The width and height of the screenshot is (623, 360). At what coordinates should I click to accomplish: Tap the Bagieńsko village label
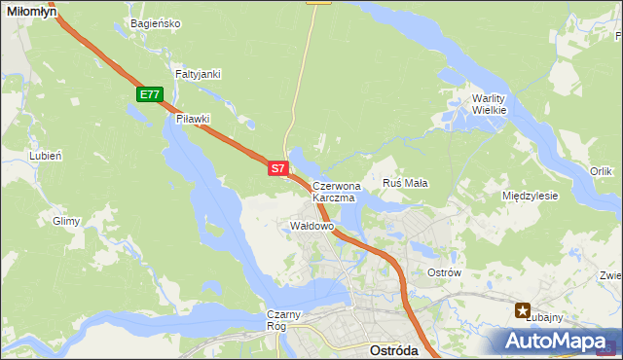(155, 23)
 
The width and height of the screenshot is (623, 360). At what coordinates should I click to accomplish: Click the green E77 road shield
(149, 94)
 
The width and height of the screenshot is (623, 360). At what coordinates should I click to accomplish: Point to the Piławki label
(194, 119)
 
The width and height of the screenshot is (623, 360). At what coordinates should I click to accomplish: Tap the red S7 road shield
(277, 168)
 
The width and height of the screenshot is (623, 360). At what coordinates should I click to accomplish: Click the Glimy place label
(66, 221)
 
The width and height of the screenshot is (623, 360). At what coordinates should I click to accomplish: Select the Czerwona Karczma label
(337, 191)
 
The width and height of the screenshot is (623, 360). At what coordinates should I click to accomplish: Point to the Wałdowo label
(312, 226)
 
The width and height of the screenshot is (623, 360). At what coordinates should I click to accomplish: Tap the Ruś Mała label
(406, 183)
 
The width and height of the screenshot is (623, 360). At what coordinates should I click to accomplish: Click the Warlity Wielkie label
(490, 104)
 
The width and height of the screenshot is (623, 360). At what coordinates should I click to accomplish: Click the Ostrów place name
(444, 272)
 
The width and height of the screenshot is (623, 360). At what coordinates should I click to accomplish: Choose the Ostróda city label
(394, 349)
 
